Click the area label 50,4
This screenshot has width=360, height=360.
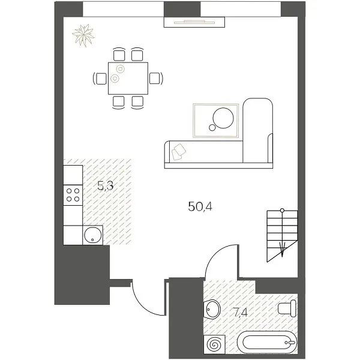tap(201, 208)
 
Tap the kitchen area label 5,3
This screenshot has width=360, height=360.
tap(106, 185)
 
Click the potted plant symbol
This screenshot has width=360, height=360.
tap(83, 34)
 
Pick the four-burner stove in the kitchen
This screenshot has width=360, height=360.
tap(73, 194)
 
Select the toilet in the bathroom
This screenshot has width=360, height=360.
tap(287, 309)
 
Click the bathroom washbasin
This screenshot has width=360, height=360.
tap(212, 310)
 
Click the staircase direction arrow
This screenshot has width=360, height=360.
tap(283, 248)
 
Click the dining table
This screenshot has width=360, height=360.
tap(127, 78)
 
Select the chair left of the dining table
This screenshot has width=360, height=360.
tap(100, 78)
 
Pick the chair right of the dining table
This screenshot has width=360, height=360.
tap(155, 78)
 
